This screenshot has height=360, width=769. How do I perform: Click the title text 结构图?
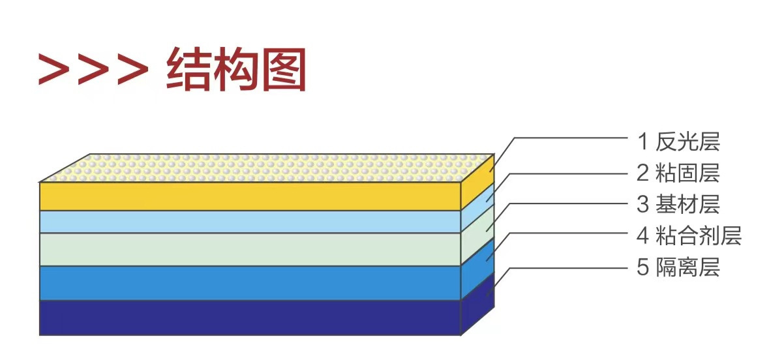tap(236, 69)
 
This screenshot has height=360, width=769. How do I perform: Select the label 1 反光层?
tap(678, 141)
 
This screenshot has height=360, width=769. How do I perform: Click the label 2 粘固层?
tap(678, 173)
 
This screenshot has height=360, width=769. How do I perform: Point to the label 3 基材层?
tap(678, 204)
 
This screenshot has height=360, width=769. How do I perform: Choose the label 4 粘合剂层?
tap(689, 235)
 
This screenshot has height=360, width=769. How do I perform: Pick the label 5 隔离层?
tap(678, 267)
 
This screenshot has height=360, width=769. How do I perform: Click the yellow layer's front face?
tap(250, 196)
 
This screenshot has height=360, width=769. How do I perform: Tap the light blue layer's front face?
tap(250, 222)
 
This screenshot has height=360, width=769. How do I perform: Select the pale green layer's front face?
tap(250, 249)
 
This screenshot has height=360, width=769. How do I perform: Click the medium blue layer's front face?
tap(250, 283)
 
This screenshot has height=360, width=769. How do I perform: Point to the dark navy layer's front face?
tap(250, 318)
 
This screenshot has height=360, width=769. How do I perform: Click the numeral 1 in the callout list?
tap(642, 141)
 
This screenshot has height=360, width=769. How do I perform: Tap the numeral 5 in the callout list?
tap(642, 267)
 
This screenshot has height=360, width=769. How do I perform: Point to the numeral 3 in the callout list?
tap(642, 204)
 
